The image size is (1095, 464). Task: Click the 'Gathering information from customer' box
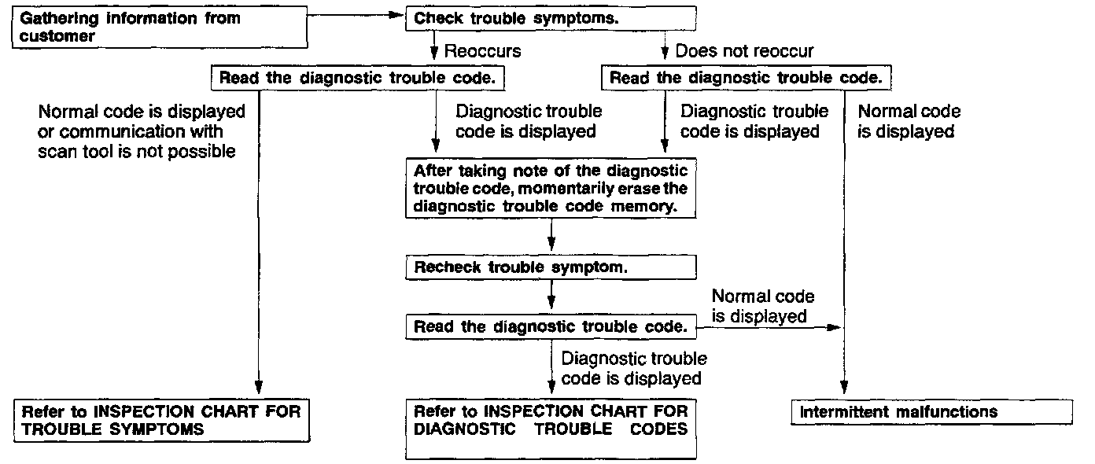[157, 26]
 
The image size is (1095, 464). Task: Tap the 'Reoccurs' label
[482, 52]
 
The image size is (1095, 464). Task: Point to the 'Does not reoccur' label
[744, 52]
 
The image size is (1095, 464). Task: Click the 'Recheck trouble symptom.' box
[551, 267]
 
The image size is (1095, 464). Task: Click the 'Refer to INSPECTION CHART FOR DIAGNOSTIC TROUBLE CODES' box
[551, 429]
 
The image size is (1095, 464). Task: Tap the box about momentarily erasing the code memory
[551, 189]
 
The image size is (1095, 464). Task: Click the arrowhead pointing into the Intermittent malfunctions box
[844, 391]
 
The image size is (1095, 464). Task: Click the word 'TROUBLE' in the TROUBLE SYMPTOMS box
[60, 429]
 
